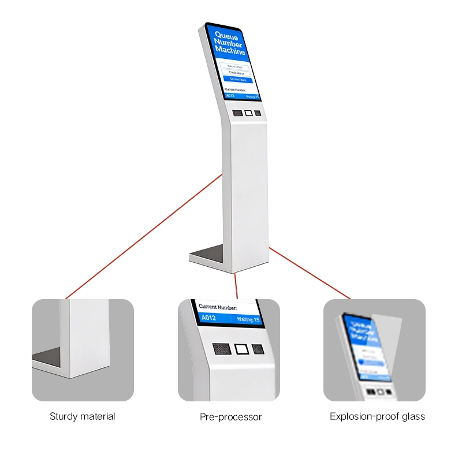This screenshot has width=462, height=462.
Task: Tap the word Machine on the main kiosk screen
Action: tap(230, 51)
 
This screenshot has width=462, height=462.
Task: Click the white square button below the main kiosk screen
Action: tap(248, 113)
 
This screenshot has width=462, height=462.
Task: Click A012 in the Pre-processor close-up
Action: tap(208, 318)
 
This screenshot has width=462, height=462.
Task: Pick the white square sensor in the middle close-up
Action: tap(240, 349)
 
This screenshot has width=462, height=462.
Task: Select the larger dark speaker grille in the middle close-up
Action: tap(221, 349)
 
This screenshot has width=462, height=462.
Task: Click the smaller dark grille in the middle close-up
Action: tap(258, 349)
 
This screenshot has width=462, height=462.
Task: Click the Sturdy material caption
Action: tap(83, 416)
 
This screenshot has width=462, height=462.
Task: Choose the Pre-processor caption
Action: tap(230, 417)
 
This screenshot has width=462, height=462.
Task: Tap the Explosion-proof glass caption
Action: tap(377, 416)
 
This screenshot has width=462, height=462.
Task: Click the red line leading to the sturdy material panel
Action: tap(144, 237)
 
